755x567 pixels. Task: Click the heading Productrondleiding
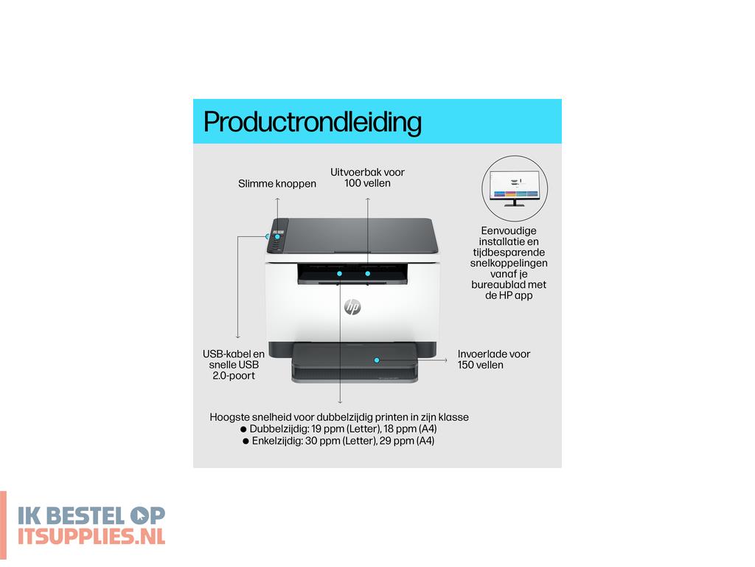click(312, 122)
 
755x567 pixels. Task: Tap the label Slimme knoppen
click(277, 184)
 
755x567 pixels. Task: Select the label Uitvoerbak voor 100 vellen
click(367, 177)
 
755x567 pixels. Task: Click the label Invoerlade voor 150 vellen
click(493, 360)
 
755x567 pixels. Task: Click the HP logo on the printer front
click(352, 307)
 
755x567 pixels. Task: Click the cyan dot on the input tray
click(377, 360)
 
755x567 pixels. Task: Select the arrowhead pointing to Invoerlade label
click(445, 360)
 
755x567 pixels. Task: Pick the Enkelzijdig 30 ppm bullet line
click(344, 441)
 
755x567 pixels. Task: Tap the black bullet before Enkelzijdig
click(246, 441)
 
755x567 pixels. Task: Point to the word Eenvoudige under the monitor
click(509, 231)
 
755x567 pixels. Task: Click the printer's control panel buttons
click(277, 237)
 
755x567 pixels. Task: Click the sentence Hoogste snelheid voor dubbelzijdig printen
click(339, 417)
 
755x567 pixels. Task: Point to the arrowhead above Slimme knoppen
click(278, 169)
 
